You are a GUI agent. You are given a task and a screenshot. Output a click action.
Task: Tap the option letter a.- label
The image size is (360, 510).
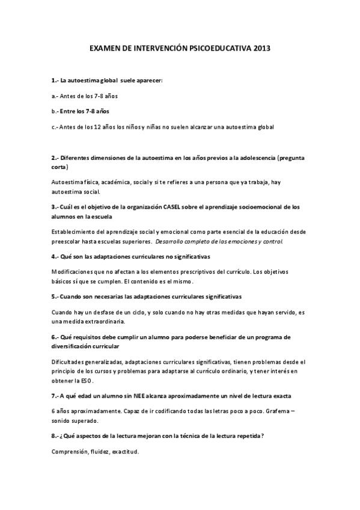coord(55,96)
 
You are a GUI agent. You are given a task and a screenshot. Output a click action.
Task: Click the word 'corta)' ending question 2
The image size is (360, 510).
coord(60,167)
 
